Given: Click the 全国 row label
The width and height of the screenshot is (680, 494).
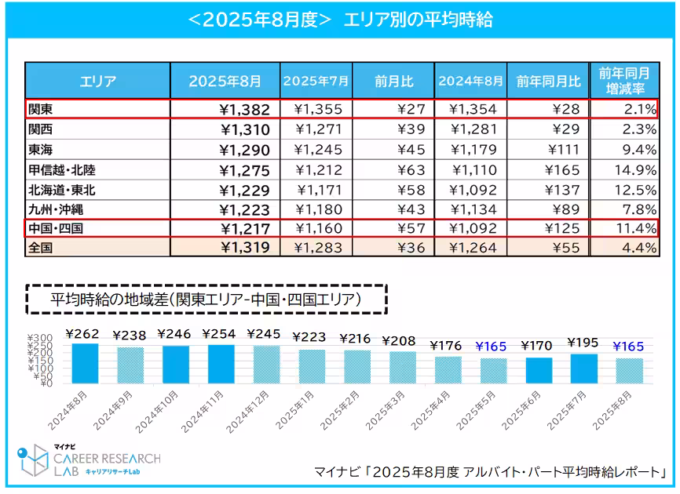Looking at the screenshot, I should (x=39, y=247).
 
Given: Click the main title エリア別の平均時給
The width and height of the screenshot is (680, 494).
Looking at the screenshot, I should (x=339, y=20).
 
